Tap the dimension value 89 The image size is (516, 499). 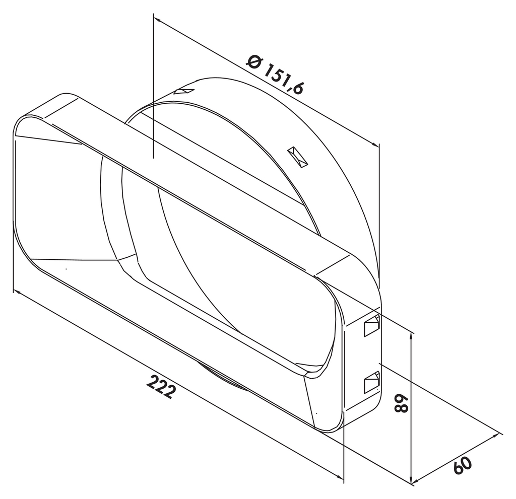pyautogui.click(x=401, y=403)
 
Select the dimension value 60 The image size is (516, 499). pyautogui.click(x=463, y=465)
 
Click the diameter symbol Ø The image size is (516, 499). pyautogui.click(x=254, y=62)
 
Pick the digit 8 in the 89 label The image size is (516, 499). pyautogui.click(x=401, y=408)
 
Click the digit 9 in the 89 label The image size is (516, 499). pyautogui.click(x=401, y=399)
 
